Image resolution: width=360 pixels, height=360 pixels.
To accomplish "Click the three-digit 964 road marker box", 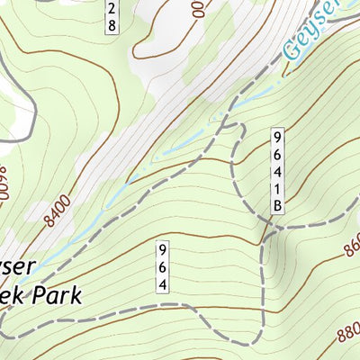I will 163,266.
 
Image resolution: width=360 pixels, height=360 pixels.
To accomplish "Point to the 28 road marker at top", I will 112,16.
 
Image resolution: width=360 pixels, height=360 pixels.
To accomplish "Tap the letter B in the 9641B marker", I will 279,207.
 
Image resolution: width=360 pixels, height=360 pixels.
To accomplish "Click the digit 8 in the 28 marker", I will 112,26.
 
